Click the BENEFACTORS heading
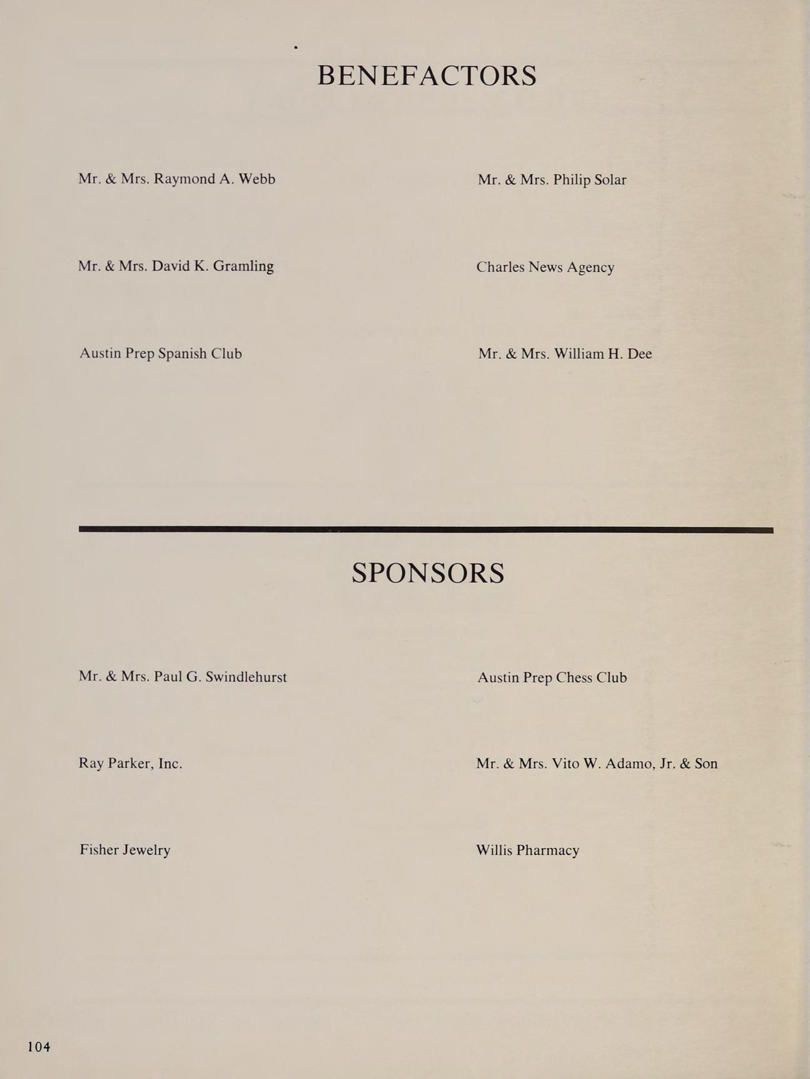click(x=427, y=76)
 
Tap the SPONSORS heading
click(x=428, y=573)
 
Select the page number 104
click(x=39, y=1046)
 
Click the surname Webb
click(x=256, y=179)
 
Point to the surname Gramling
click(x=243, y=266)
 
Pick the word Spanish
click(x=182, y=354)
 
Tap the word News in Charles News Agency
click(x=545, y=267)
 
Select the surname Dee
click(x=639, y=354)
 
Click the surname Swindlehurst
click(x=246, y=677)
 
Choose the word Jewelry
click(x=146, y=850)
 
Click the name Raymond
click(x=184, y=180)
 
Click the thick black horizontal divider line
click(x=425, y=529)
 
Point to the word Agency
click(x=590, y=268)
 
